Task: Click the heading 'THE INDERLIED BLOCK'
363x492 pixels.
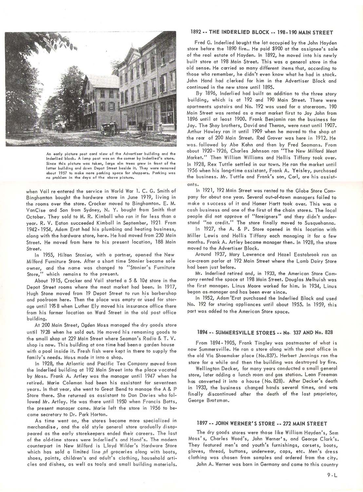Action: click(241, 32)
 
